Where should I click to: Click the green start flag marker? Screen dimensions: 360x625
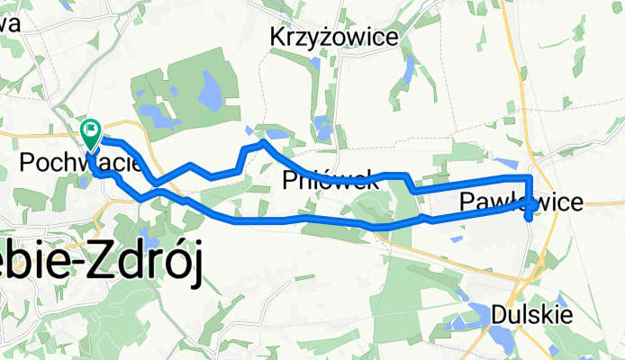92,132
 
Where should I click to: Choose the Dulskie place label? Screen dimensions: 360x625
530,315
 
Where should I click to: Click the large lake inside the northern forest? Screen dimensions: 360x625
211,90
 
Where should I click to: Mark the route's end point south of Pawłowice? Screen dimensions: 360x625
528,216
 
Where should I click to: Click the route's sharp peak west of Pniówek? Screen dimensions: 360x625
263,141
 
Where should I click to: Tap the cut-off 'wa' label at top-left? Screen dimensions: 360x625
11,25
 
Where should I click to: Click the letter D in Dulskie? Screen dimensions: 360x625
500,315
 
